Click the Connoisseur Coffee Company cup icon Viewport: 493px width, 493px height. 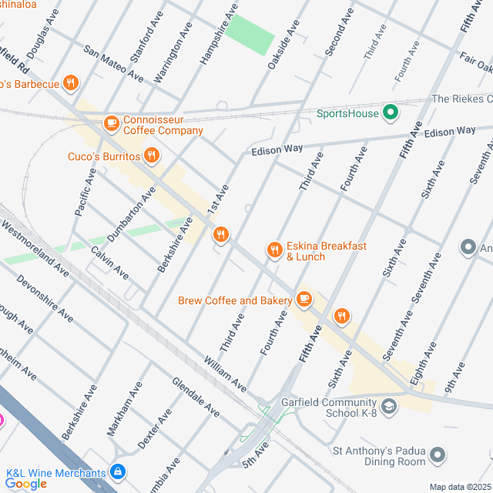pos(112,122)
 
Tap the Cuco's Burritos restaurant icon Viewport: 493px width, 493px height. pos(151,156)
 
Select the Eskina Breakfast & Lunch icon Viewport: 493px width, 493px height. pos(274,250)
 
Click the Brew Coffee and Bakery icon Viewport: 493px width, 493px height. pos(304,299)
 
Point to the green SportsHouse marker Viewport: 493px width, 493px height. pos(391,113)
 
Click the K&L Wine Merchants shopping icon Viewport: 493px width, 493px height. pos(117,471)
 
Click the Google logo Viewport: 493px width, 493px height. pos(25,484)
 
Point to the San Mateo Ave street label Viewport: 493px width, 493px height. pos(113,64)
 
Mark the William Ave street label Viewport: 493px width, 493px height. pos(225,372)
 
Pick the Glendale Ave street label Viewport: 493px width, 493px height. pos(196,397)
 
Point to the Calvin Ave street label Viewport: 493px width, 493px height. pos(109,262)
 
